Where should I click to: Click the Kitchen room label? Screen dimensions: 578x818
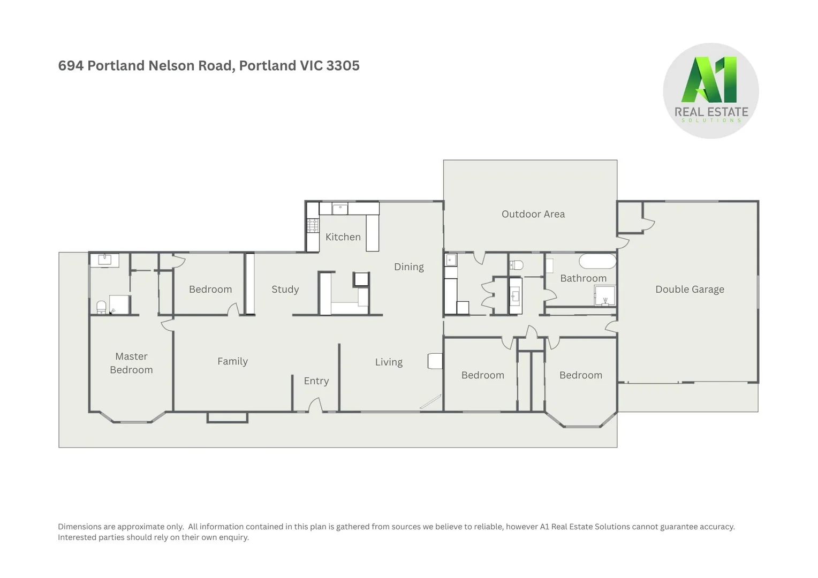(x=343, y=237)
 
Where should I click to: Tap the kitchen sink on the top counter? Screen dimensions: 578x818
(x=340, y=209)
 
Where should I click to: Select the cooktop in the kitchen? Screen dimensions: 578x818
(x=313, y=225)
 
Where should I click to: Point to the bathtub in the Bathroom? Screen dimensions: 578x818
(x=597, y=262)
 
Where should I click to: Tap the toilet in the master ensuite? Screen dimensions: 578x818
(x=101, y=307)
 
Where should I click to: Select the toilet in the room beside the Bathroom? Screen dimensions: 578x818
(x=516, y=265)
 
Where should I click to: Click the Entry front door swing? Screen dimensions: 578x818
(x=315, y=405)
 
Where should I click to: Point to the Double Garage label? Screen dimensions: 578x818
(x=690, y=290)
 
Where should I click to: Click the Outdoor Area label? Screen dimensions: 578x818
(x=533, y=214)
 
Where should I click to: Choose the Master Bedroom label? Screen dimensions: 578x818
(x=131, y=363)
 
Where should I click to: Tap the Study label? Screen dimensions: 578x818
(x=285, y=290)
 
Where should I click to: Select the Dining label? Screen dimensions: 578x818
(x=408, y=267)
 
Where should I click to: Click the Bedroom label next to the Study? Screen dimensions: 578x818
(x=210, y=290)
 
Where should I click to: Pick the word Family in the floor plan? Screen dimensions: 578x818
(x=232, y=361)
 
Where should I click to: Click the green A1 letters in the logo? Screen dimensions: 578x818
(x=710, y=80)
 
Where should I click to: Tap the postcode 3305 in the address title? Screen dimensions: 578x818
(x=343, y=66)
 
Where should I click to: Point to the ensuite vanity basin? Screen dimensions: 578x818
(x=104, y=260)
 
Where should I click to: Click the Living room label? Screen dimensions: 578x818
(x=389, y=362)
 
